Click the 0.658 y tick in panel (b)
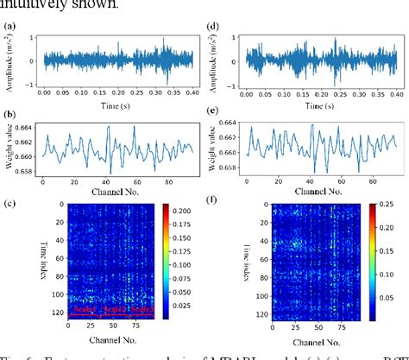pos(25,172)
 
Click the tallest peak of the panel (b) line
pos(109,128)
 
